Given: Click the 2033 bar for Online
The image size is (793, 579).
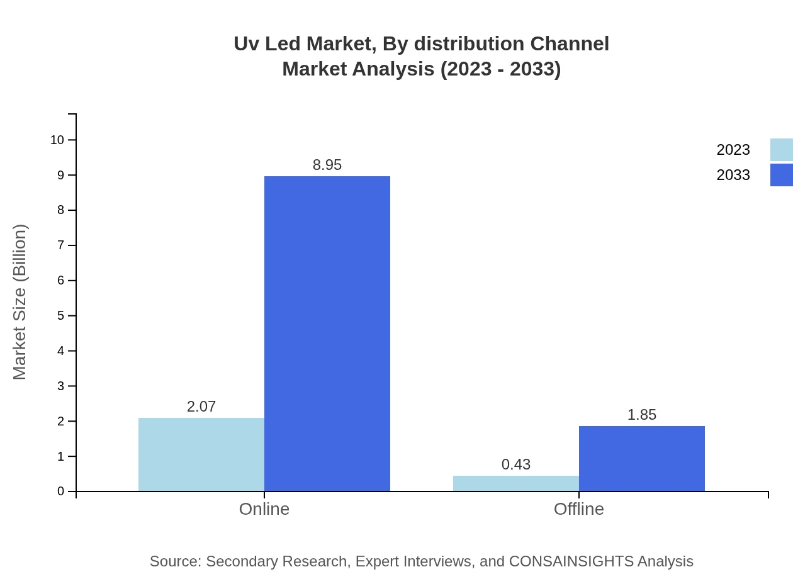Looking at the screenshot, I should (327, 334).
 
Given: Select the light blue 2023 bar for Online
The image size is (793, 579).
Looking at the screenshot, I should (201, 454).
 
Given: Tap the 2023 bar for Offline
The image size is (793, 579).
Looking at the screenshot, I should (516, 483).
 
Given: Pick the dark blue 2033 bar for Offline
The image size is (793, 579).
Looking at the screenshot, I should (642, 458).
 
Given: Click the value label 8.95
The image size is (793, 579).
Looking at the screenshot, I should (327, 165).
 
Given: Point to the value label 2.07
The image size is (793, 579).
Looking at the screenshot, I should (201, 407).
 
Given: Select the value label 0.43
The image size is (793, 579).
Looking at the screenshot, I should (516, 464).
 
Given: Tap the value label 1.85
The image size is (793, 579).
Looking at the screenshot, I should (642, 415).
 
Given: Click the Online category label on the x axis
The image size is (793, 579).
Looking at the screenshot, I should (264, 509).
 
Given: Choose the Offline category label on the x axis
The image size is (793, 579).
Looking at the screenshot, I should (579, 509).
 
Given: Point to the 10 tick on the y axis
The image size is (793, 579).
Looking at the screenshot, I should (57, 140).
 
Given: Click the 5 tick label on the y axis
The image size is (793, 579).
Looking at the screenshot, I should (61, 315).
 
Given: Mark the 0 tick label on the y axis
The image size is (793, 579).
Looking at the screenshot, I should (61, 491).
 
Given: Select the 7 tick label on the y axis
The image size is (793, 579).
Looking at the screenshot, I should (61, 245).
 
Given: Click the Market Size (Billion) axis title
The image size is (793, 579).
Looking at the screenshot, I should (20, 302).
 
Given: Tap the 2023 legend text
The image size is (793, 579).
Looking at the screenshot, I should (733, 150).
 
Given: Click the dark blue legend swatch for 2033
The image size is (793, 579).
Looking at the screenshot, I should (781, 175).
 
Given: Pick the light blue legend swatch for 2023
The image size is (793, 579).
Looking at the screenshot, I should (781, 150).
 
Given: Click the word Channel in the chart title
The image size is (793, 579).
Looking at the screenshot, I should (570, 44).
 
